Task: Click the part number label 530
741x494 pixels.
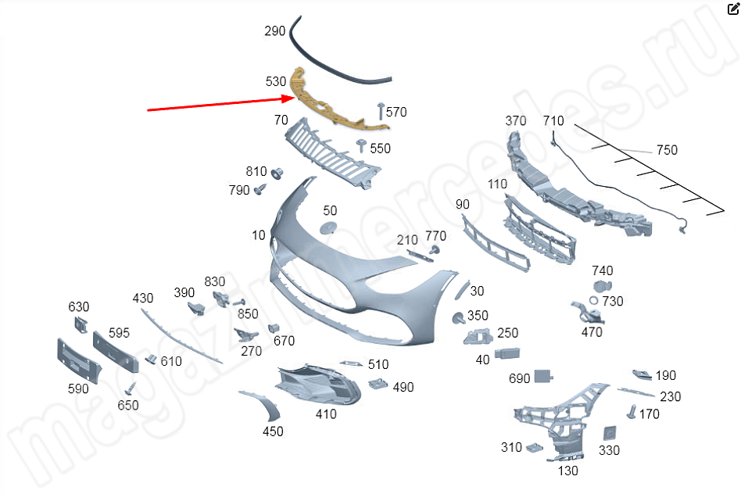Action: (275, 81)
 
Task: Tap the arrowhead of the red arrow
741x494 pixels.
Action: (288, 98)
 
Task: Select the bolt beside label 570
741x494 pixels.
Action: (381, 111)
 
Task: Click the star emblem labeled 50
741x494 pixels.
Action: (328, 227)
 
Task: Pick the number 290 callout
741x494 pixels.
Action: (274, 31)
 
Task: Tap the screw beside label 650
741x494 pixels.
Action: (131, 388)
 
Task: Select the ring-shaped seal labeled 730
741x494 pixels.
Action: (594, 300)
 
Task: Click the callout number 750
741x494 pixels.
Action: (667, 150)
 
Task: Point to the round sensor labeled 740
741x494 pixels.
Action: (602, 286)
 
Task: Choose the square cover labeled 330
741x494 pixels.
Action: (609, 433)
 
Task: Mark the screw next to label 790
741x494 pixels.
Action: (260, 190)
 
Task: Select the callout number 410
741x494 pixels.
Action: (326, 414)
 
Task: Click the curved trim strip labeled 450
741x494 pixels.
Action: (265, 404)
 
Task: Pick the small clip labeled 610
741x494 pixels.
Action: (151, 359)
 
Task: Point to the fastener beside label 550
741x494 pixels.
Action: (362, 145)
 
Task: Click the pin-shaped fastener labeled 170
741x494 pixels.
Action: (632, 412)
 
